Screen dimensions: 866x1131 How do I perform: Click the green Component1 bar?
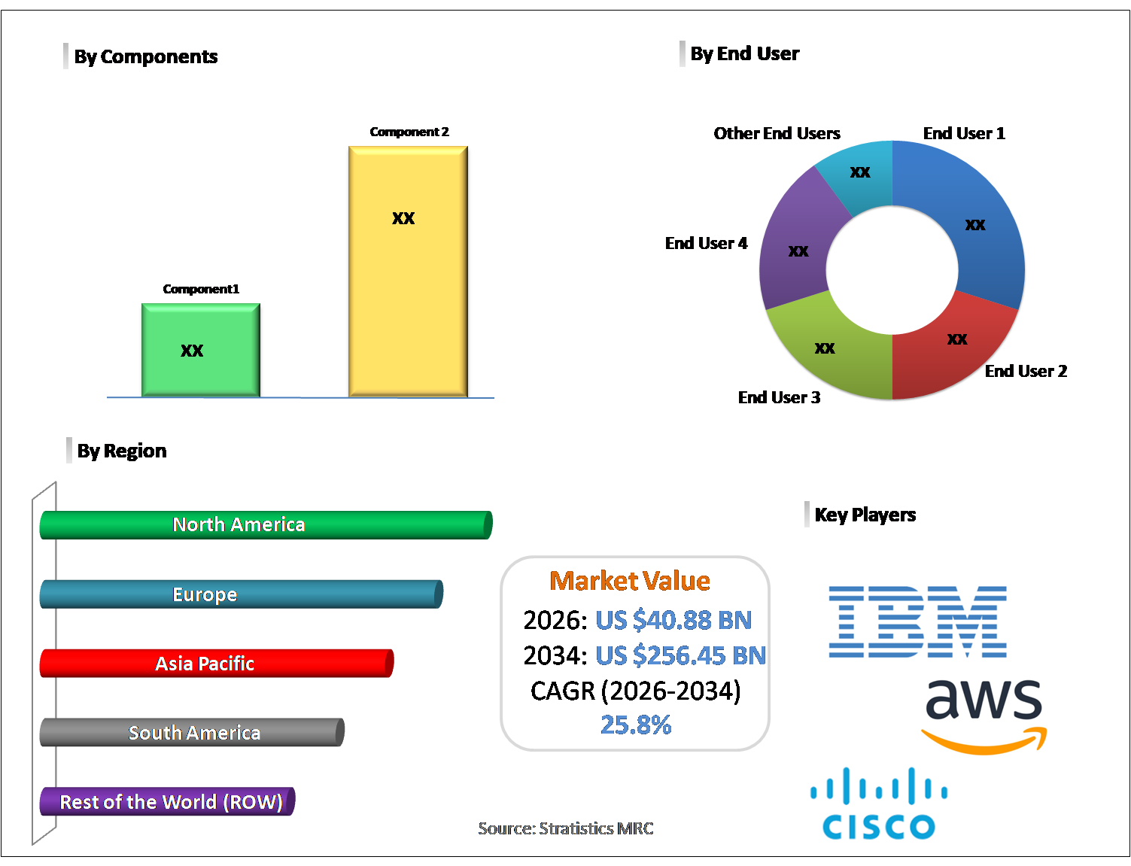(201, 350)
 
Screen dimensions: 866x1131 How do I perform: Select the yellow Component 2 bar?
(408, 271)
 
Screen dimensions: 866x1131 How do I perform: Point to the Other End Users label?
(777, 134)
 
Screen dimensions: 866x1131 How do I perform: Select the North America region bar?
(266, 525)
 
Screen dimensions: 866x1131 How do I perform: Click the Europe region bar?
(241, 594)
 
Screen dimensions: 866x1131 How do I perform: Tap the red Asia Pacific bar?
(216, 664)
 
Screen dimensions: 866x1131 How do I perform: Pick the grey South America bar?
(192, 733)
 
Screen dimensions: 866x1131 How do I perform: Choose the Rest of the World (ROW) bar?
(167, 802)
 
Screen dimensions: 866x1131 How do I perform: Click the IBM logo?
(917, 621)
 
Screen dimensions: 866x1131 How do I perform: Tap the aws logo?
(984, 715)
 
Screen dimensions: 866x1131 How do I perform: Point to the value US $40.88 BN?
(673, 620)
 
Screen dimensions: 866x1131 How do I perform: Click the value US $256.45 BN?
(680, 655)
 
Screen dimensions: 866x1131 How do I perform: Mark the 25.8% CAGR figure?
(636, 725)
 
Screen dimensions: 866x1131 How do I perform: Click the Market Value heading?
(630, 581)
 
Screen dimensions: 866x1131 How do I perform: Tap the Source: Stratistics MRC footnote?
(566, 828)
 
